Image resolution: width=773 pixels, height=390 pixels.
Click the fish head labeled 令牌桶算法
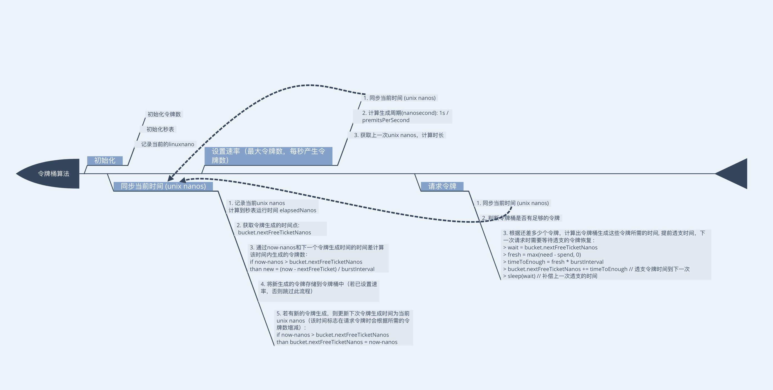click(51, 174)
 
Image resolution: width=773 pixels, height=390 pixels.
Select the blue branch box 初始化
click(105, 161)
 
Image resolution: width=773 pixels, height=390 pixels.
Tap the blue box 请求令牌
click(442, 186)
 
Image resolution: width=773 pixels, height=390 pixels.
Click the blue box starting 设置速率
click(268, 156)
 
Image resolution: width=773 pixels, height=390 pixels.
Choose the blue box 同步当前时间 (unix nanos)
click(163, 186)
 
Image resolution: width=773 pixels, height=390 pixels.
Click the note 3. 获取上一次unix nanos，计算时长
click(398, 135)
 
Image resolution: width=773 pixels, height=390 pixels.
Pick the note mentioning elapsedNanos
click(272, 207)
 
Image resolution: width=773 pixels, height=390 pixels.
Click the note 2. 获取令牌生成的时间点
click(274, 229)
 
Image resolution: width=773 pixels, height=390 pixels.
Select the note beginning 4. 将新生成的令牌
click(319, 288)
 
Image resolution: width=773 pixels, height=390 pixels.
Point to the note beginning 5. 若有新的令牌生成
click(343, 328)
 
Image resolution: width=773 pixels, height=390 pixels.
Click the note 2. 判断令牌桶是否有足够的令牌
click(521, 218)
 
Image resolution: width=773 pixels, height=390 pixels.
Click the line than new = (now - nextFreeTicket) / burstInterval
click(312, 269)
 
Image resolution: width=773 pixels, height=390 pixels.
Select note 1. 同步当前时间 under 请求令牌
click(513, 203)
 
